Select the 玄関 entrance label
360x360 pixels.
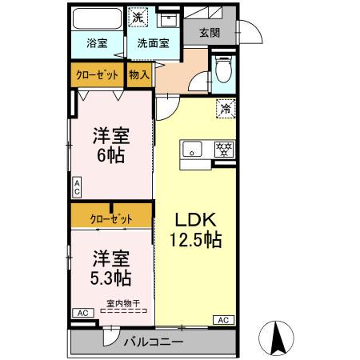tap(210, 33)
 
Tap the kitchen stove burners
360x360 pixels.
tap(223, 149)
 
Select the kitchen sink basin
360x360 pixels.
tap(193, 149)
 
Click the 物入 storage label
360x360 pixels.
tap(138, 74)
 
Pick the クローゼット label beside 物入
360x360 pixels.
tap(98, 74)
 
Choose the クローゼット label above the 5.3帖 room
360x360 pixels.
tap(111, 216)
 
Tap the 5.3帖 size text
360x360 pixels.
tap(111, 278)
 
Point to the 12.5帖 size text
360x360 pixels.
tap(194, 239)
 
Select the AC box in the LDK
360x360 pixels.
tap(224, 320)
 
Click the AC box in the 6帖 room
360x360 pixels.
tap(77, 188)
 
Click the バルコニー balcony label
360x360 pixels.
tap(153, 342)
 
